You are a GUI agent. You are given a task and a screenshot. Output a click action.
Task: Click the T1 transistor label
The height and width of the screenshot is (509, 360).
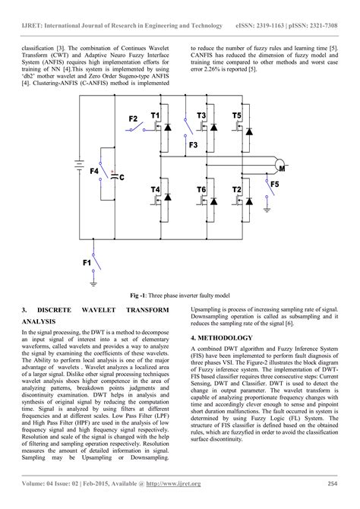coord(156,115)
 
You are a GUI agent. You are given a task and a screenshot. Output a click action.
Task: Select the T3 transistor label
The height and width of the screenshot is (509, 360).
coord(201,115)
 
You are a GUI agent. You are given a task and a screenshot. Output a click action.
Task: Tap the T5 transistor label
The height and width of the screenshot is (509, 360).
coord(237,115)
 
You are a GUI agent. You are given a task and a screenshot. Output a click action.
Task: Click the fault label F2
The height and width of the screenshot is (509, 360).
coord(133,119)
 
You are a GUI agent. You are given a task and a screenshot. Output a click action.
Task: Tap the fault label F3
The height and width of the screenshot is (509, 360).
coord(193,144)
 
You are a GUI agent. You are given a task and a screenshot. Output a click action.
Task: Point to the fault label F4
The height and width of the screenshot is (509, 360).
coord(94,172)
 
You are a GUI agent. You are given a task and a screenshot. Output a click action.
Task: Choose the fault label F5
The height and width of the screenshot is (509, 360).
coord(274,183)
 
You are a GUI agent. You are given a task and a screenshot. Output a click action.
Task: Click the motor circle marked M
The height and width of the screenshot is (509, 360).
coord(280,167)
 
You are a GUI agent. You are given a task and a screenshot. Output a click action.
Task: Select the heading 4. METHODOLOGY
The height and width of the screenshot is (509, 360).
coord(226,337)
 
